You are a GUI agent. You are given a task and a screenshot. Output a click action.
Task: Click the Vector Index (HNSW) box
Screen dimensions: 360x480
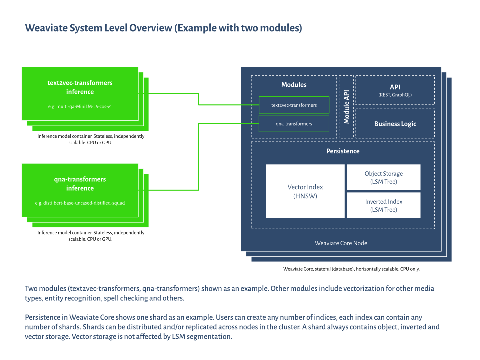point(305,191)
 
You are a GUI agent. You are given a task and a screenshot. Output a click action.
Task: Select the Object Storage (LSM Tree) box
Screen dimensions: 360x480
point(383,177)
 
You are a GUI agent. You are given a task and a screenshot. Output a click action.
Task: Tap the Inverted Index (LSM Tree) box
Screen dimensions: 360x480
point(383,205)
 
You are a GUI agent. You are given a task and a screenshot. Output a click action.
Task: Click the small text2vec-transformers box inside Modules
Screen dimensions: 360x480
point(294,105)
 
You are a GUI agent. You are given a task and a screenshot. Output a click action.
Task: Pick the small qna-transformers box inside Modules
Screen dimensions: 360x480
point(294,123)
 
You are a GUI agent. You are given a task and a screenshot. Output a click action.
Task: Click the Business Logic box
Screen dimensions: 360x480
point(395,124)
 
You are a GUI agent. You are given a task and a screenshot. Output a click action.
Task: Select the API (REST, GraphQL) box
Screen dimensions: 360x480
point(395,90)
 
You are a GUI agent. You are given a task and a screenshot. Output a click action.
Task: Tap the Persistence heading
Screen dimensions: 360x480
point(343,151)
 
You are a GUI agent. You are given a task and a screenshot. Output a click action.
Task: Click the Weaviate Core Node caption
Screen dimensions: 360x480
point(341,243)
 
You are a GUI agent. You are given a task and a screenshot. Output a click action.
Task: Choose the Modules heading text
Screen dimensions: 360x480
point(294,85)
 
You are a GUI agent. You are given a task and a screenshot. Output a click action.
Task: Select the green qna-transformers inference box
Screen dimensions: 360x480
point(80,190)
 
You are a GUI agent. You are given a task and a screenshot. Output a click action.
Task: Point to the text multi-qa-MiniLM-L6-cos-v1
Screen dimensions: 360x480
point(80,107)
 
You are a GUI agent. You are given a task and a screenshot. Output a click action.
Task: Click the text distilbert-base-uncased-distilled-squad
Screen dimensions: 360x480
point(80,203)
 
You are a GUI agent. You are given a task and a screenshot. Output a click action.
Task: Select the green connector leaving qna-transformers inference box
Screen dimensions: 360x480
point(170,190)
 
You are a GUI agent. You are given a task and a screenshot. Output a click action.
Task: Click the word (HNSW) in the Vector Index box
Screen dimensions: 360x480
point(305,196)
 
